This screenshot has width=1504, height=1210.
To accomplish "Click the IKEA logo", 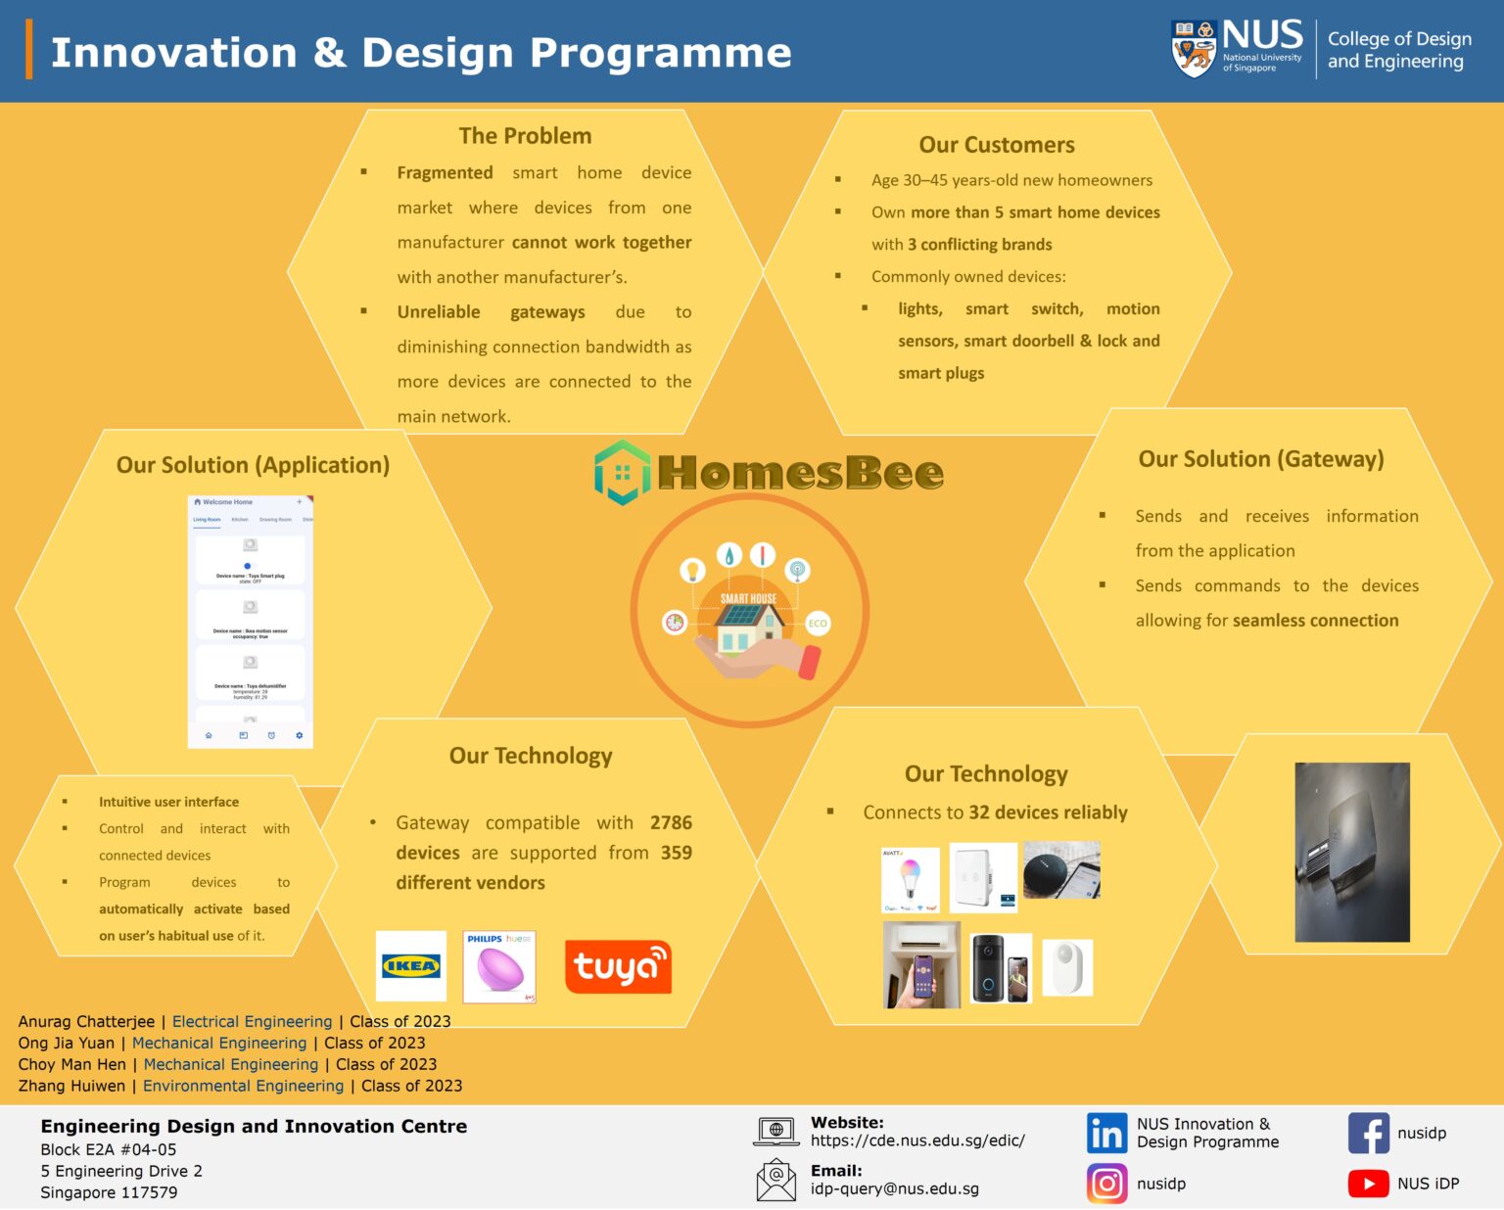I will point(411,966).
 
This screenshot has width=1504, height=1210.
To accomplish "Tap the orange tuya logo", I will point(618,967).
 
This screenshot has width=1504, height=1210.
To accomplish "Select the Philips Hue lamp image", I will point(499,967).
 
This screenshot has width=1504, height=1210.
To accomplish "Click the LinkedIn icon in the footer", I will point(1106,1134).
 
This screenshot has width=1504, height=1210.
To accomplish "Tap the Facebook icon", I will point(1368,1134).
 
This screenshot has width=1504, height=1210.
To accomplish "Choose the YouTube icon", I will point(1368,1184).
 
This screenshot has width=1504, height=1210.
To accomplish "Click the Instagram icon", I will point(1106,1184).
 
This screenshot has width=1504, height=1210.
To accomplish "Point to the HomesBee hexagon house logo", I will point(622,473).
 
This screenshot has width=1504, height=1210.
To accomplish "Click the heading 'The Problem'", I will point(525,136).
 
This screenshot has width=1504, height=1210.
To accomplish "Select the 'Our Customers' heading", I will point(996,145).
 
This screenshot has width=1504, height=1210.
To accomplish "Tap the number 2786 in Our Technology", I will point(671,823).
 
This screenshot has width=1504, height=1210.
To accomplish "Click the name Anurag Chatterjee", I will point(86,1022).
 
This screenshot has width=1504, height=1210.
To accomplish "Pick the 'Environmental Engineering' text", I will point(243,1086).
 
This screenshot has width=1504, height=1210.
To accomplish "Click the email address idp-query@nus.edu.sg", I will point(894,1188).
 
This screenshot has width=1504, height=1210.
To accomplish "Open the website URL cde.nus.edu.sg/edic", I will point(917,1140).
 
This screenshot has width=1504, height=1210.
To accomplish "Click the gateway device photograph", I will point(1352,853).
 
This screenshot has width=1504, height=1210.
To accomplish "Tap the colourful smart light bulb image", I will point(911,879).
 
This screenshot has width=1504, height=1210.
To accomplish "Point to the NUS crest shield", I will point(1194,48).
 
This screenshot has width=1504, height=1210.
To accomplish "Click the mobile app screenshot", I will point(251,622).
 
